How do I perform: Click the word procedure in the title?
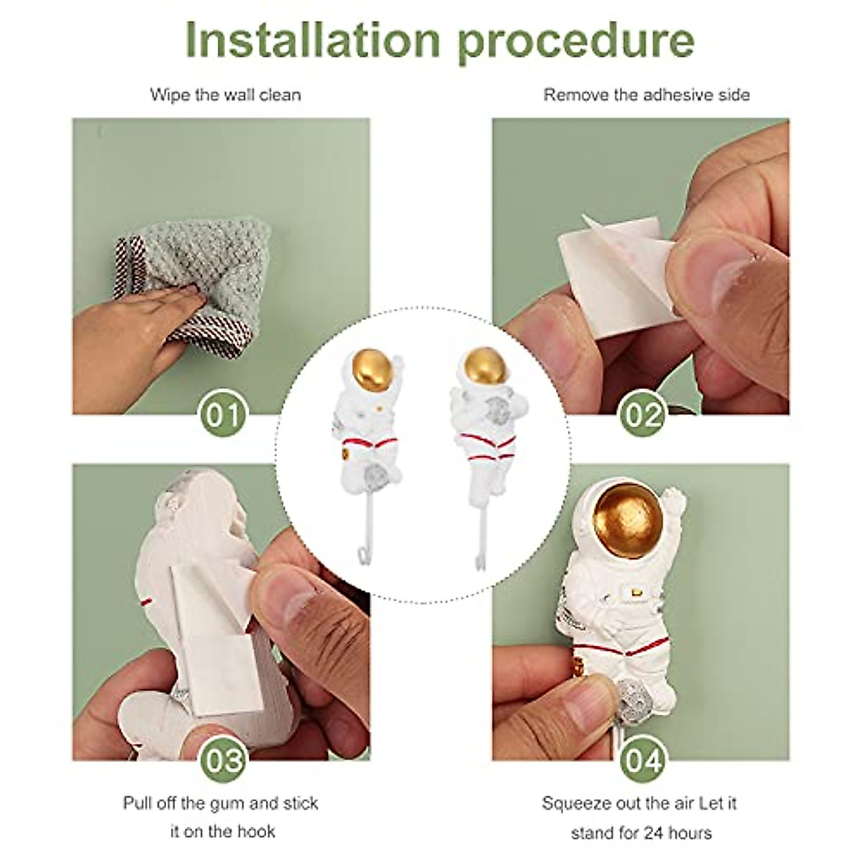[x=576, y=42]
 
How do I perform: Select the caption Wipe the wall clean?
[x=225, y=95]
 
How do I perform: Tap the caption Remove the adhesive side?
[x=647, y=95]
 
